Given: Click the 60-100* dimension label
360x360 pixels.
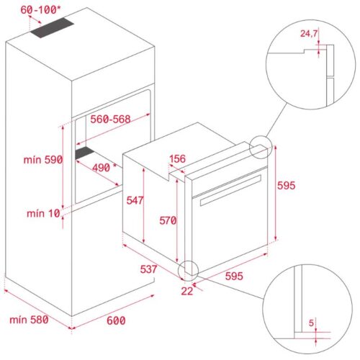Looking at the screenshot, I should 40,10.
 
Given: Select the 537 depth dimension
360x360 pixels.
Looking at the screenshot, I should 149,269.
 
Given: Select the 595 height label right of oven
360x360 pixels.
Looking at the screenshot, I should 287,185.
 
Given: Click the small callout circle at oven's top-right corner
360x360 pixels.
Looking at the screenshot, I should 261,148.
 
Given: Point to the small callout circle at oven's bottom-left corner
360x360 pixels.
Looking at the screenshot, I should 189,270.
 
